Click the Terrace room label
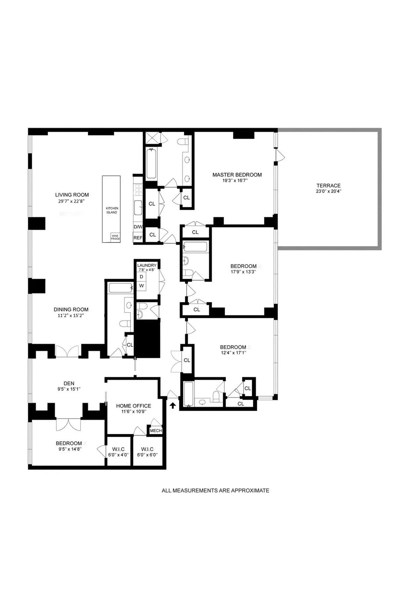pyautogui.click(x=328, y=186)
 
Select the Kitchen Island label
pyautogui.click(x=112, y=210)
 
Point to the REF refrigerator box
pyautogui.click(x=138, y=238)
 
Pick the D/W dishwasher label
pyautogui.click(x=138, y=227)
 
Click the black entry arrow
pyautogui.click(x=173, y=405)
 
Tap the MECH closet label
pyautogui.click(x=156, y=430)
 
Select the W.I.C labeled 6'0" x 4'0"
pyautogui.click(x=119, y=452)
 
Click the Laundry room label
pyautogui.click(x=147, y=265)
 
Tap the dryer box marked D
pyautogui.click(x=141, y=277)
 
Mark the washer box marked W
pyautogui.click(x=141, y=286)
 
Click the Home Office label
pyautogui.click(x=134, y=406)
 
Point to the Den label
pyautogui.click(x=69, y=383)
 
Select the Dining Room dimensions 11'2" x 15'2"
pyautogui.click(x=71, y=316)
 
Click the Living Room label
pyautogui.click(x=72, y=195)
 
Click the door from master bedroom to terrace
pyautogui.click(x=281, y=155)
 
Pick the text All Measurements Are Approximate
pyautogui.click(x=215, y=491)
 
